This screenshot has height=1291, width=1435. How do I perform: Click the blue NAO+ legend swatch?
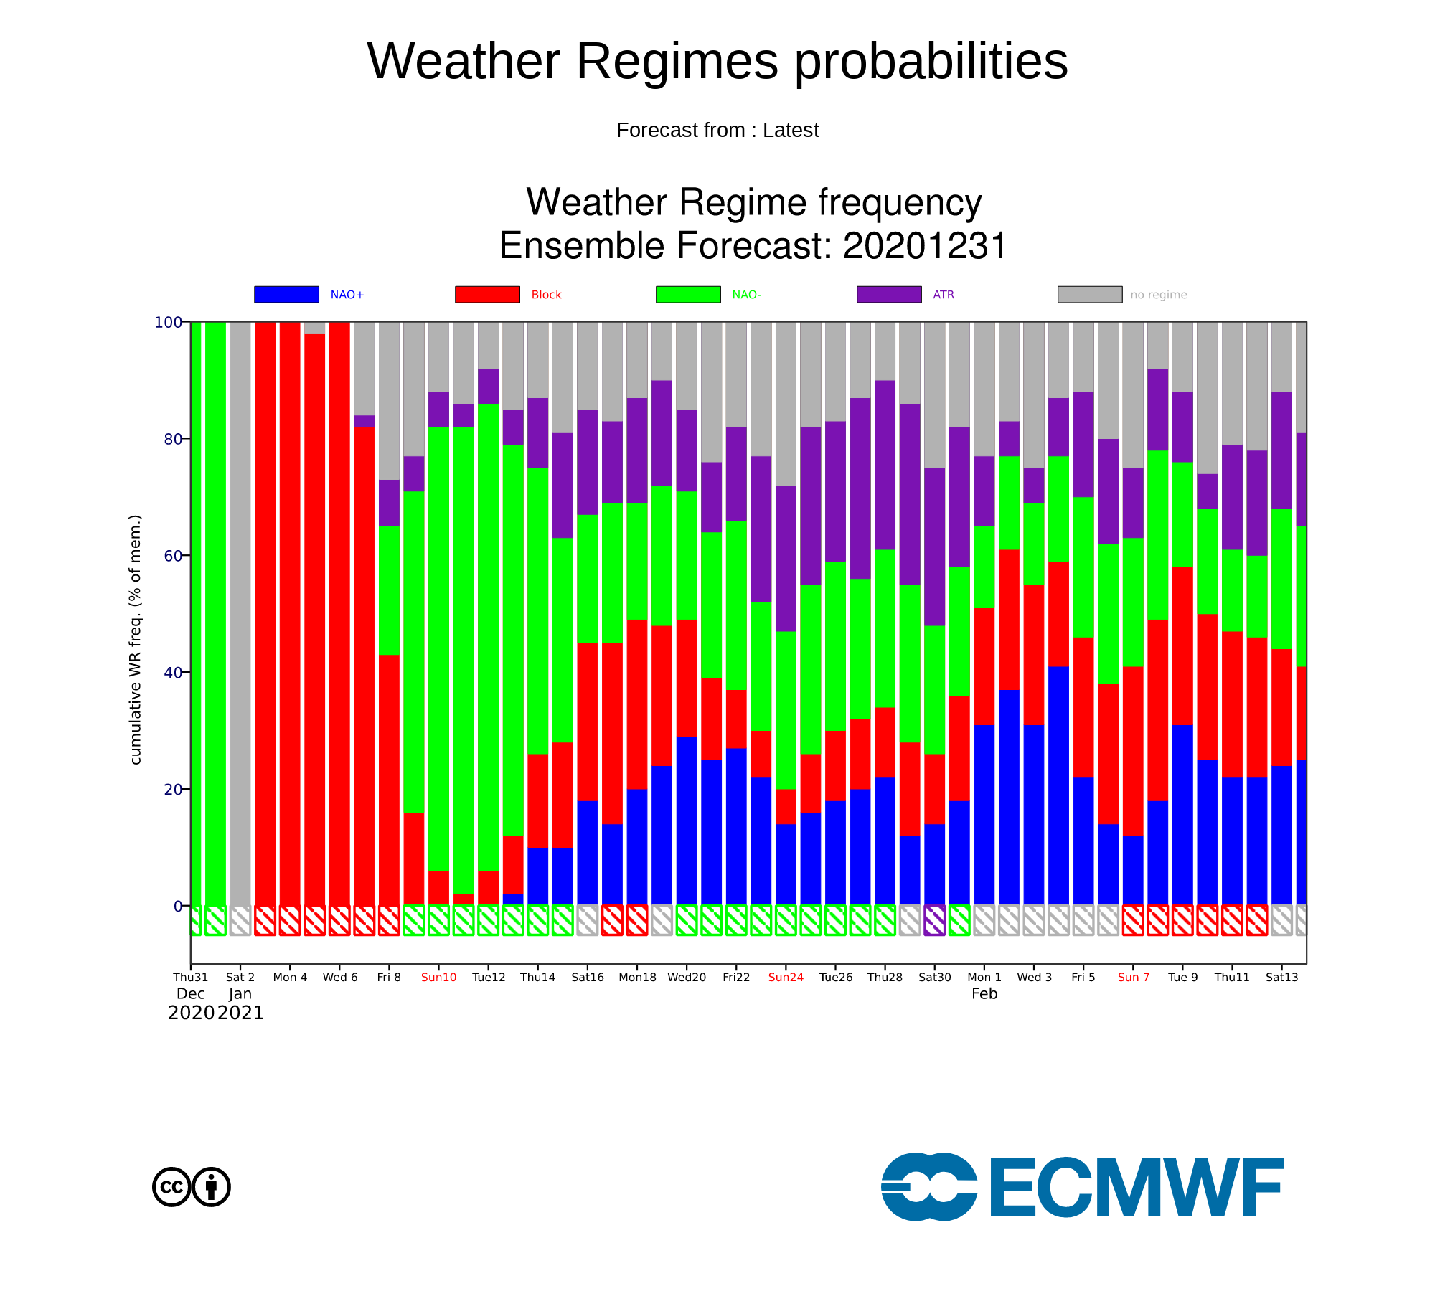click(x=286, y=295)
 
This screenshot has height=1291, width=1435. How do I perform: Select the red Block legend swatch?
click(x=487, y=295)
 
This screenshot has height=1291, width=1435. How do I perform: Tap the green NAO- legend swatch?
click(x=688, y=295)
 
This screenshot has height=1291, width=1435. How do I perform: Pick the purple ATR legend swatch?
click(x=889, y=295)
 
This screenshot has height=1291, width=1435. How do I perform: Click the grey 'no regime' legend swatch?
click(x=1090, y=295)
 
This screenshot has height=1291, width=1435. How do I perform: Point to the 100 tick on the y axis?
click(x=169, y=323)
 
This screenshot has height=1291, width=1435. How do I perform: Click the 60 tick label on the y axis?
click(x=173, y=556)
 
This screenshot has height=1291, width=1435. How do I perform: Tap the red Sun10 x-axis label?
click(x=438, y=978)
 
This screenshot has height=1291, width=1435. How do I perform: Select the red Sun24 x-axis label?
click(x=786, y=978)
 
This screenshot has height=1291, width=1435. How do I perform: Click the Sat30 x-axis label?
click(x=934, y=978)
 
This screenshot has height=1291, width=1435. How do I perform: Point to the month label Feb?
click(x=984, y=994)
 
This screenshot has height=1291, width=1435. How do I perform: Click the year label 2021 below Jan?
click(x=240, y=1013)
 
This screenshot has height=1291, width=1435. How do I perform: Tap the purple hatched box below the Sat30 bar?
click(x=934, y=920)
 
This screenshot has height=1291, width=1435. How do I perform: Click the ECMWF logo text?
click(x=1137, y=1188)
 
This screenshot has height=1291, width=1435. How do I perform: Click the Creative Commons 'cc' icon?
click(x=171, y=1187)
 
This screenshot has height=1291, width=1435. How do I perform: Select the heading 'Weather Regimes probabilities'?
click(x=717, y=61)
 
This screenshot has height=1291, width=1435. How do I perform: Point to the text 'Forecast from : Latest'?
click(x=717, y=131)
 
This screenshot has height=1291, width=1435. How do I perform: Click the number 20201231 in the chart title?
click(x=925, y=246)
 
